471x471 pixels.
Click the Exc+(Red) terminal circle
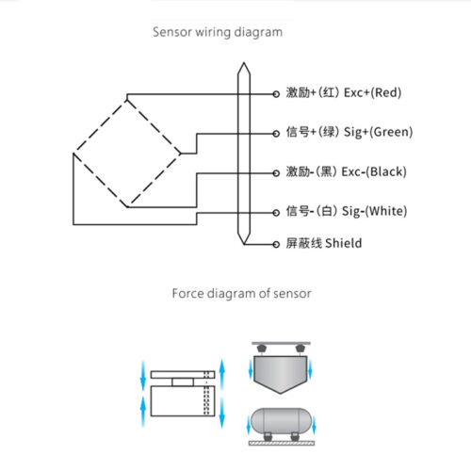pyautogui.click(x=276, y=94)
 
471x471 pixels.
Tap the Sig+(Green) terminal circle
pyautogui.click(x=276, y=134)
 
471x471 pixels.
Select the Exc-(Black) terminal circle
pyautogui.click(x=276, y=173)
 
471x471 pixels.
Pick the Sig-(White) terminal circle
pyautogui.click(x=276, y=213)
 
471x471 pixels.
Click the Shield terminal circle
pyautogui.click(x=276, y=244)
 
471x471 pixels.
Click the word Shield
pyautogui.click(x=343, y=243)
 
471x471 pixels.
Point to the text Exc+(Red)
pyautogui.click(x=373, y=92)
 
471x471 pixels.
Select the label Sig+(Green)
pyautogui.click(x=379, y=132)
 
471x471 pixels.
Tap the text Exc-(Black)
pyautogui.click(x=374, y=171)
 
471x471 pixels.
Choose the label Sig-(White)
pyautogui.click(x=374, y=211)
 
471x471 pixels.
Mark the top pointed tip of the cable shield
pyautogui.click(x=244, y=63)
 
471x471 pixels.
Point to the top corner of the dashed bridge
pyautogui.click(x=127, y=100)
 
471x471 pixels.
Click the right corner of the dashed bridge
pyautogui.click(x=181, y=154)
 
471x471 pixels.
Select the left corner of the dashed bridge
pyautogui.click(x=73, y=154)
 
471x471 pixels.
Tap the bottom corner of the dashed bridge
pyautogui.click(x=127, y=207)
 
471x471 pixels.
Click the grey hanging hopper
pyautogui.click(x=281, y=374)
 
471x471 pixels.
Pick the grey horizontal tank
pyautogui.click(x=281, y=421)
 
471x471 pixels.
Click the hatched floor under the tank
pyautogui.click(x=282, y=443)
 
